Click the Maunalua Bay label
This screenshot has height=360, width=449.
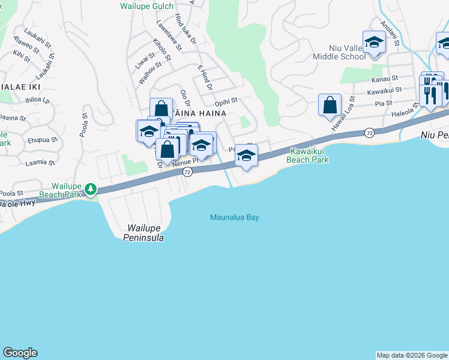(x=234, y=217)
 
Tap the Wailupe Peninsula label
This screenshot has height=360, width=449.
(x=145, y=233)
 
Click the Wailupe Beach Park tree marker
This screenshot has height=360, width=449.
(x=91, y=190)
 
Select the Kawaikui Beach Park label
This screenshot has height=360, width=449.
(x=309, y=155)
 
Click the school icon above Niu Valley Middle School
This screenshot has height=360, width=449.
(x=374, y=42)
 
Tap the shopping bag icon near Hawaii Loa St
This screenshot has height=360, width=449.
(x=330, y=105)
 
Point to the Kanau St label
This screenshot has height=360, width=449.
(x=385, y=79)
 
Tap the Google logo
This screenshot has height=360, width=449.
(x=20, y=353)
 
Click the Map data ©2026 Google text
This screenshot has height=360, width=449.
(x=411, y=355)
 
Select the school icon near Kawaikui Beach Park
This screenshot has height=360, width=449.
(x=246, y=155)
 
